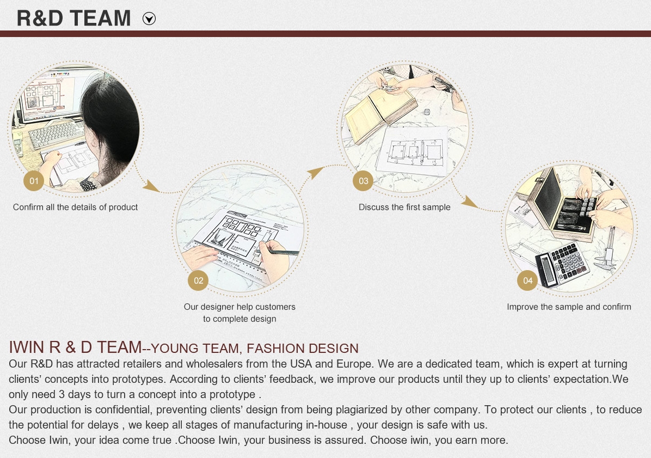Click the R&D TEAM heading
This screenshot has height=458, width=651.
(x=73, y=19)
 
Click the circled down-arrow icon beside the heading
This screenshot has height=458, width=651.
(x=149, y=19)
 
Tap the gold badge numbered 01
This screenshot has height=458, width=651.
(x=34, y=181)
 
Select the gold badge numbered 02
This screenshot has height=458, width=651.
(x=198, y=280)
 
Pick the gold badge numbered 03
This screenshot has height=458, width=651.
(x=363, y=181)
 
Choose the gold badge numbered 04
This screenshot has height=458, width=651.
(x=527, y=280)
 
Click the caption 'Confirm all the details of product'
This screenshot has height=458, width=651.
(x=75, y=207)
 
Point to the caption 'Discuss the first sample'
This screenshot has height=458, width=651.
(x=404, y=207)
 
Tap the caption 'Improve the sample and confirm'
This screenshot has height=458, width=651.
(x=569, y=307)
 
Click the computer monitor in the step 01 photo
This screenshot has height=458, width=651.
(x=54, y=95)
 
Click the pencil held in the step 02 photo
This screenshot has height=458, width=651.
(x=278, y=252)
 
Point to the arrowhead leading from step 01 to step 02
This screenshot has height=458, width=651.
(x=151, y=186)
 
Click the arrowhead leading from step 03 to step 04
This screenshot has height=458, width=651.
(x=470, y=202)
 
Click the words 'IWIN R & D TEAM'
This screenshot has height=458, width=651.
(x=75, y=347)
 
